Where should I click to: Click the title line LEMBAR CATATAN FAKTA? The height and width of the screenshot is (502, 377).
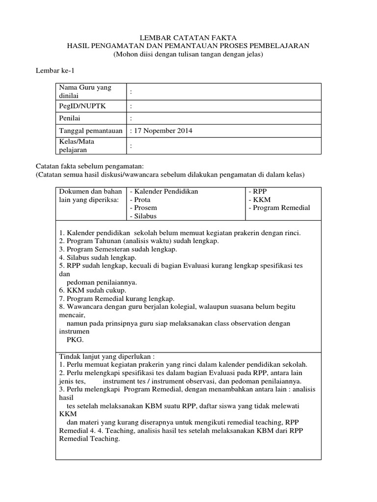(188, 38)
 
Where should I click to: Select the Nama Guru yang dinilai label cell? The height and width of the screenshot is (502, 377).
(85, 91)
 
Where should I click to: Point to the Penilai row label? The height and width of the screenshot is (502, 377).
(70, 119)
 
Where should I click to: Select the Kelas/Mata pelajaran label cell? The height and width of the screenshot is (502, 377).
(77, 146)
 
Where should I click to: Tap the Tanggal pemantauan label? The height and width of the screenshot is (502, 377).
(89, 131)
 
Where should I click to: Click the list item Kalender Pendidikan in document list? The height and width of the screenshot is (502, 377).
(164, 192)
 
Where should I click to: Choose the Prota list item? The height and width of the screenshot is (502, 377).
(140, 200)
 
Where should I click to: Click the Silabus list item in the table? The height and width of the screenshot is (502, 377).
(142, 216)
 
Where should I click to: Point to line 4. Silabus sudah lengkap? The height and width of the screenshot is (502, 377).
(98, 257)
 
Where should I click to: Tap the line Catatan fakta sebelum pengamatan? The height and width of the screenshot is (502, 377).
(90, 166)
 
